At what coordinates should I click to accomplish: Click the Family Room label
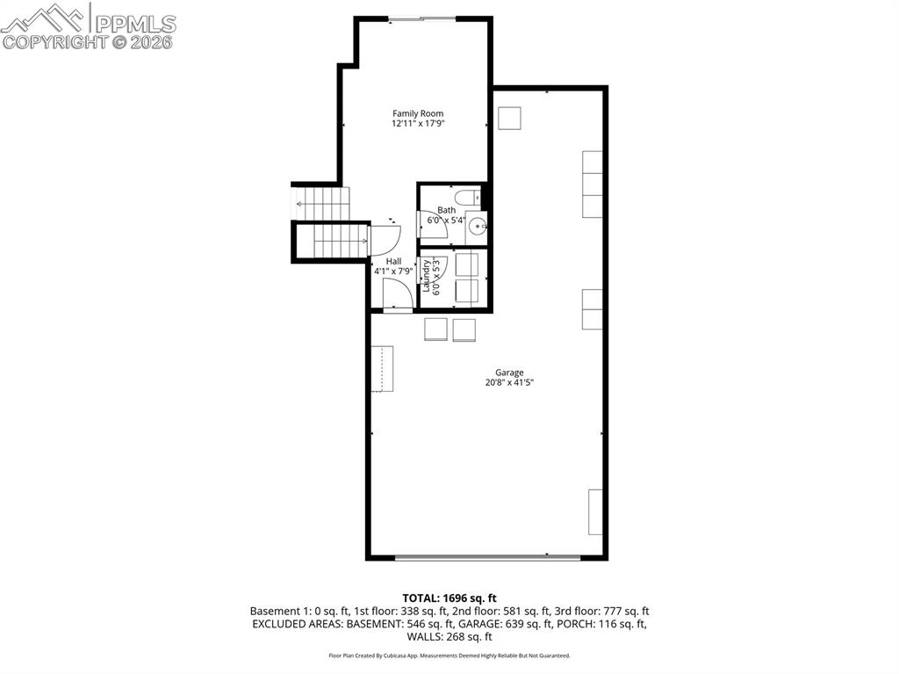click(x=418, y=113)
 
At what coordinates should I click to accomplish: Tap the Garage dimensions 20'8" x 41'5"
click(x=509, y=382)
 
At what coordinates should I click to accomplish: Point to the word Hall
click(x=393, y=261)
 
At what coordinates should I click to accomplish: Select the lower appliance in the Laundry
click(x=467, y=291)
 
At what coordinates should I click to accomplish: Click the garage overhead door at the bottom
click(x=487, y=557)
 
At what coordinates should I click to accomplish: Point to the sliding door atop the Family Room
click(x=421, y=18)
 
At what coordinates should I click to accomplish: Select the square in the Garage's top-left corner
click(x=509, y=118)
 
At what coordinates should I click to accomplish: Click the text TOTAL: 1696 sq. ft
click(x=449, y=598)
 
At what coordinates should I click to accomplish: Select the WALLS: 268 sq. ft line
click(x=449, y=637)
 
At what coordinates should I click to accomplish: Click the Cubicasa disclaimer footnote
click(x=449, y=656)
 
